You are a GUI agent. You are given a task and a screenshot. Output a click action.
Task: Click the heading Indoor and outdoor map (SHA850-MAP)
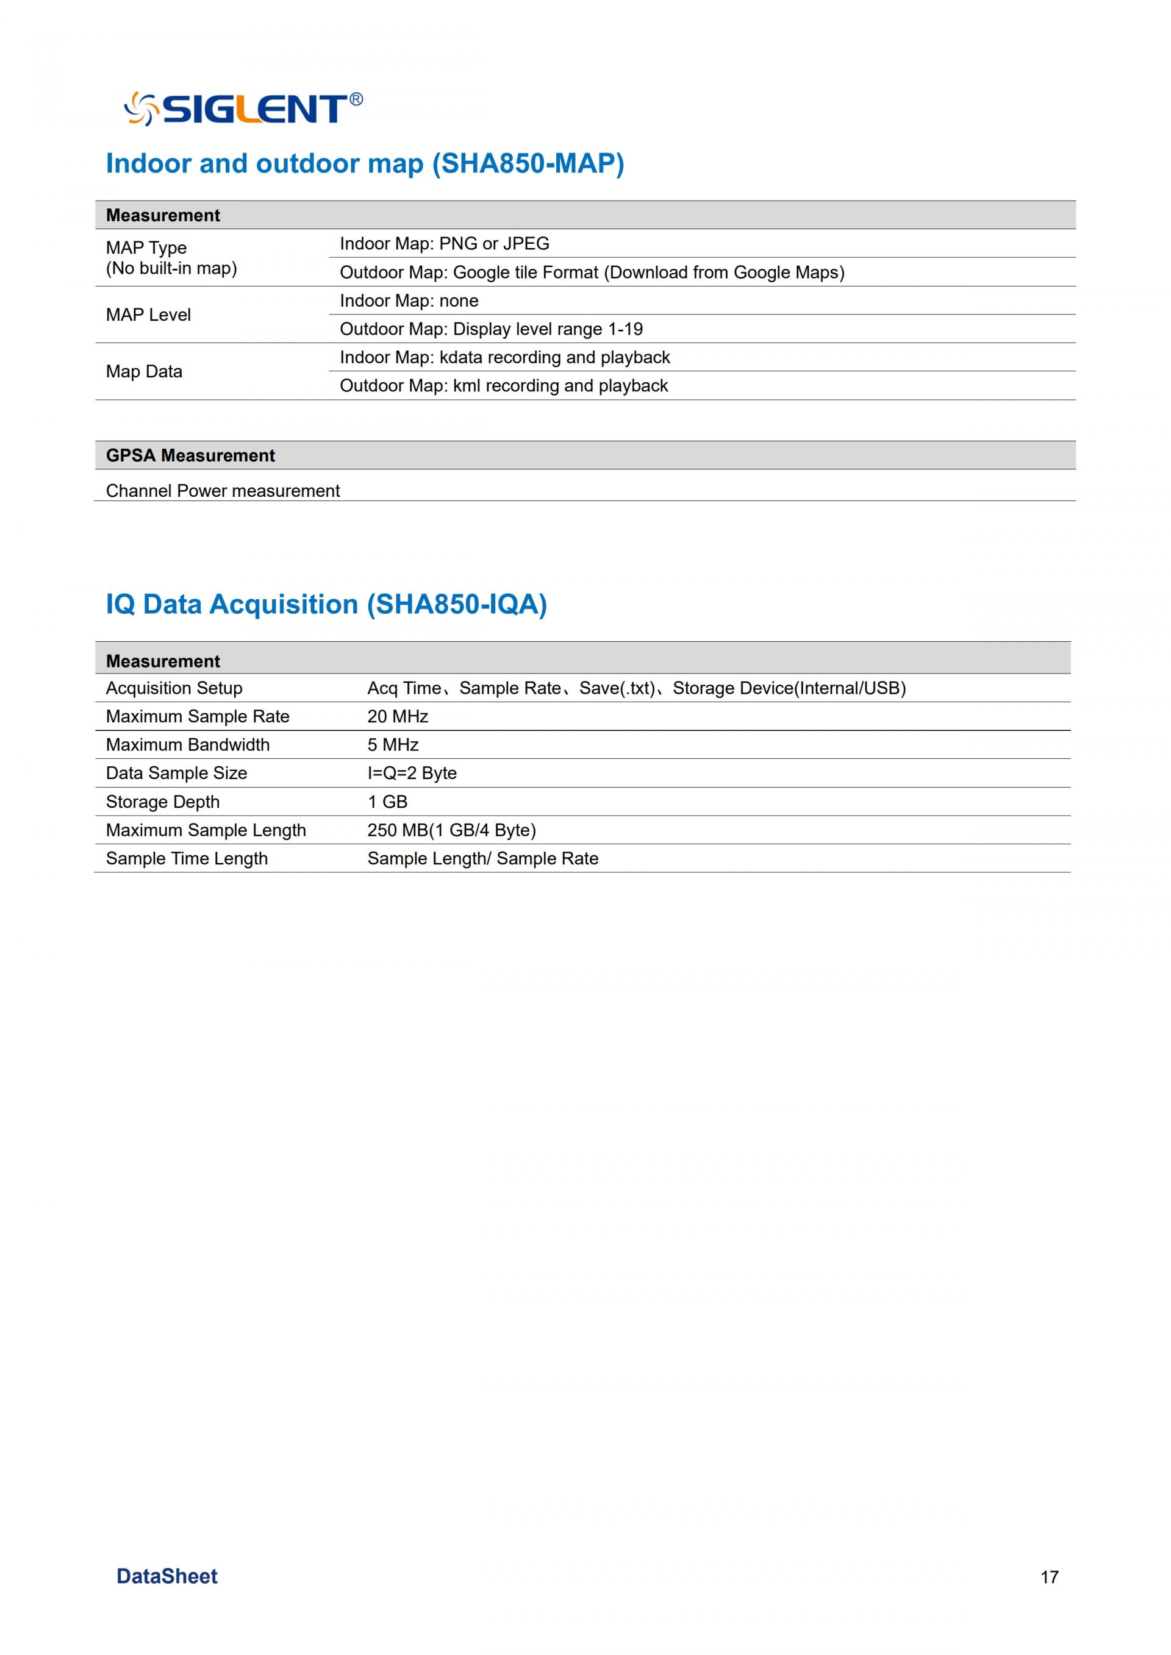click(365, 163)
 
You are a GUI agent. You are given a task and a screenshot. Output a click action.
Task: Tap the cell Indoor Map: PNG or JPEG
click(444, 244)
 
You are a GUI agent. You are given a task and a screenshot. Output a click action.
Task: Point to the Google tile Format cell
click(591, 272)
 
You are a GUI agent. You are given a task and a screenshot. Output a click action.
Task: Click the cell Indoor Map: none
click(409, 301)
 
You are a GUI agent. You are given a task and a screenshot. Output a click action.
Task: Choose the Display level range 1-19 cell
click(491, 329)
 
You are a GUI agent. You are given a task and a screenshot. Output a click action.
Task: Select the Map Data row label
click(144, 372)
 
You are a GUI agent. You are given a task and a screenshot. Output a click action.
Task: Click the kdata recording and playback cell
click(505, 358)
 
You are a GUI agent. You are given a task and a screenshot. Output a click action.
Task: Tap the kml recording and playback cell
click(503, 386)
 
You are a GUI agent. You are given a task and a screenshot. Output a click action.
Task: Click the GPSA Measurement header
click(190, 455)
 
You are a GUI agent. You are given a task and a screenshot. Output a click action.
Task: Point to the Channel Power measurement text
click(223, 491)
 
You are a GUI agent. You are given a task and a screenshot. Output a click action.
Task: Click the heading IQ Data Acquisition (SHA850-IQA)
click(327, 604)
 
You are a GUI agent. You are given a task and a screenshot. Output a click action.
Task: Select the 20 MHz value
click(397, 716)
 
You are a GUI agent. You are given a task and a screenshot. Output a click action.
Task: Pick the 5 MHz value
click(393, 745)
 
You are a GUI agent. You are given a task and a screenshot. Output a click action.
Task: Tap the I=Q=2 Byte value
click(412, 774)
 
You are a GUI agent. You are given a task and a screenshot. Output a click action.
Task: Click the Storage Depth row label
click(162, 802)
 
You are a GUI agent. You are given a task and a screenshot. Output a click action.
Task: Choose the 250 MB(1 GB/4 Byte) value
click(451, 830)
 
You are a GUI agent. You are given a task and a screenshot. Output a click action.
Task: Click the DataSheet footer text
click(167, 1576)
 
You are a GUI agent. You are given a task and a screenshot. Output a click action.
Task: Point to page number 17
click(1049, 1577)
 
